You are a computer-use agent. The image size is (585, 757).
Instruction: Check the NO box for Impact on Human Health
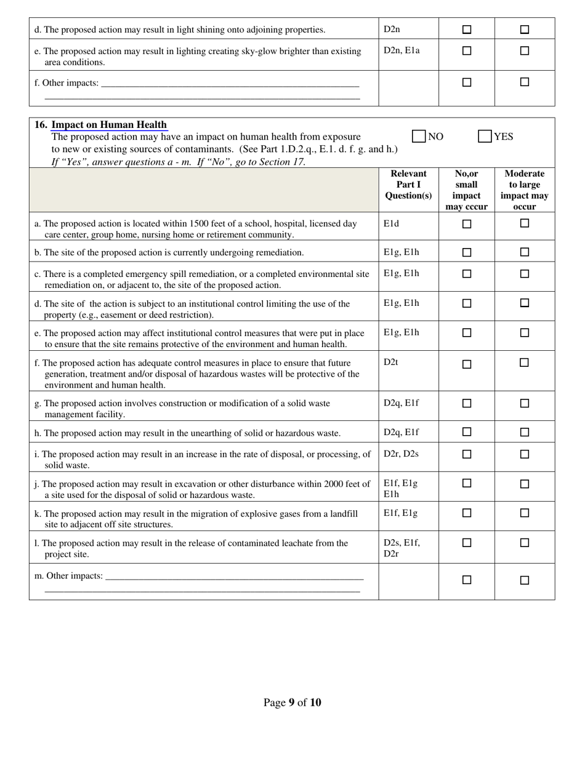[x=419, y=137]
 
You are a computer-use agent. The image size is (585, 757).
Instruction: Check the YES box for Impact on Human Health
[x=485, y=137]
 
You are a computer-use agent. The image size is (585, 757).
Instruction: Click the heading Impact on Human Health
[x=109, y=124]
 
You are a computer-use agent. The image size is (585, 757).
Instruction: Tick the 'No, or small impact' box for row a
[x=467, y=224]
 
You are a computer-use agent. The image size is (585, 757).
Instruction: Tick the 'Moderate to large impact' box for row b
[x=525, y=252]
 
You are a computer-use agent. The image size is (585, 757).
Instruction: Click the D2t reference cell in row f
[x=391, y=362]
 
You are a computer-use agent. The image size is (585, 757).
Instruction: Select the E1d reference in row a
[x=391, y=223]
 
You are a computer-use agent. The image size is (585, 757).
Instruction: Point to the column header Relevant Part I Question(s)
[x=408, y=185]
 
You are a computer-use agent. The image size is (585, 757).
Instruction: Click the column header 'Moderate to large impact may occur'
[x=524, y=190]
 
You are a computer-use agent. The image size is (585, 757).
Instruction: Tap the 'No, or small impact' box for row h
[x=467, y=432]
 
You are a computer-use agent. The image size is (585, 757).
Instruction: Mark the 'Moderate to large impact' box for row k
[x=525, y=513]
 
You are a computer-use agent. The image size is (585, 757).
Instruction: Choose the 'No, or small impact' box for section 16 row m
[x=467, y=580]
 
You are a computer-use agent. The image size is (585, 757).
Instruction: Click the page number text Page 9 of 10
[x=292, y=703]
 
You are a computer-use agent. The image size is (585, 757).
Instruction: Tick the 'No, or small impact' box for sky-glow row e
[x=467, y=51]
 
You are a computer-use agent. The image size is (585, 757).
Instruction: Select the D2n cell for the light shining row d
[x=392, y=29]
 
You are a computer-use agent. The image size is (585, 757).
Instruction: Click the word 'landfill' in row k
[x=342, y=514]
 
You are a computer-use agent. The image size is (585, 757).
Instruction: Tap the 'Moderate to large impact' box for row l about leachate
[x=525, y=543]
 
